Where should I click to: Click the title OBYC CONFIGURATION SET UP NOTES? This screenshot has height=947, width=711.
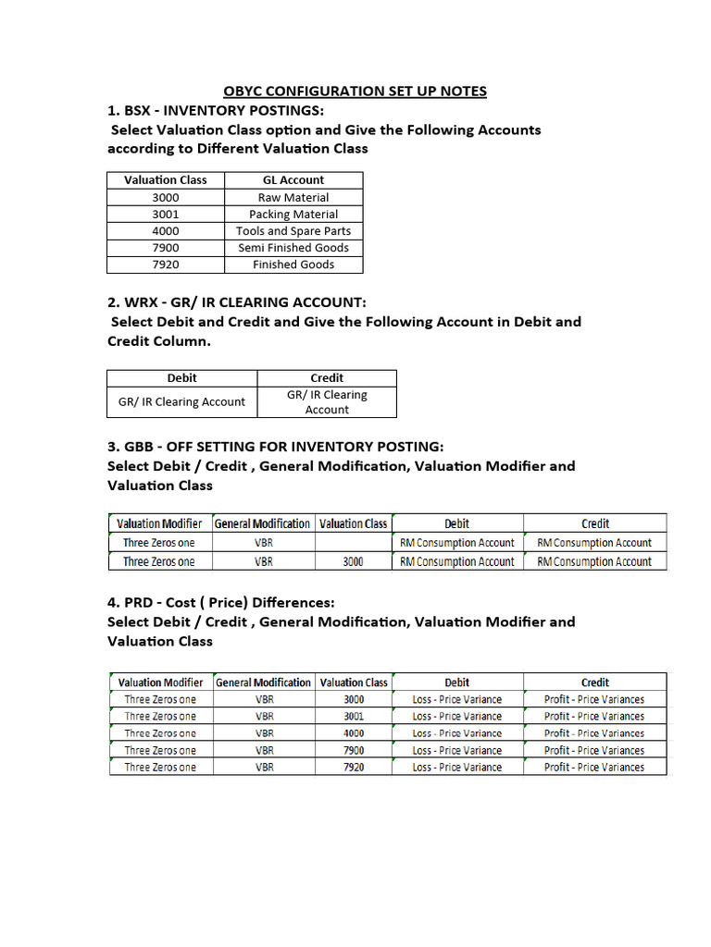click(x=355, y=91)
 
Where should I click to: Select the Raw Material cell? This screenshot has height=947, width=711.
click(x=293, y=197)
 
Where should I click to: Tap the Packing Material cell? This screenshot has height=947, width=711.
click(x=293, y=214)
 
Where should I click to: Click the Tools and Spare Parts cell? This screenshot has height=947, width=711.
click(x=293, y=230)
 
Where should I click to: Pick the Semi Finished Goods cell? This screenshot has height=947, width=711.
click(x=293, y=247)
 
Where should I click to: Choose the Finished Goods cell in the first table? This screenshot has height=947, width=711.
click(x=293, y=264)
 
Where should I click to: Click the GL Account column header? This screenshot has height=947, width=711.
click(x=293, y=179)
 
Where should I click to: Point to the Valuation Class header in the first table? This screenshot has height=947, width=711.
click(x=166, y=179)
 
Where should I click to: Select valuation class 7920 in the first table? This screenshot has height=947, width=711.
click(x=166, y=264)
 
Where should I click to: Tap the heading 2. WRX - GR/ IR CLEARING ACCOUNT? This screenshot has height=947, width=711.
click(x=237, y=302)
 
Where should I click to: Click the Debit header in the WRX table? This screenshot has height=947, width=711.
click(x=181, y=377)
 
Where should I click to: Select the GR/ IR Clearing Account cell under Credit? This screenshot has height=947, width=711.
click(x=327, y=401)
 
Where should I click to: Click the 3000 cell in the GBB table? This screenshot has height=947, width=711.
click(x=353, y=561)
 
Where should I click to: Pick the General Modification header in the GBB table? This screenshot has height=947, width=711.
click(x=263, y=523)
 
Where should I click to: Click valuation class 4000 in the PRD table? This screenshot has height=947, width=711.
click(x=354, y=733)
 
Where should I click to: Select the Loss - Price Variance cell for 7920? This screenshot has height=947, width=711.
click(x=457, y=767)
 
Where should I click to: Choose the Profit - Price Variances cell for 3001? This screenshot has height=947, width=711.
click(x=594, y=716)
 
